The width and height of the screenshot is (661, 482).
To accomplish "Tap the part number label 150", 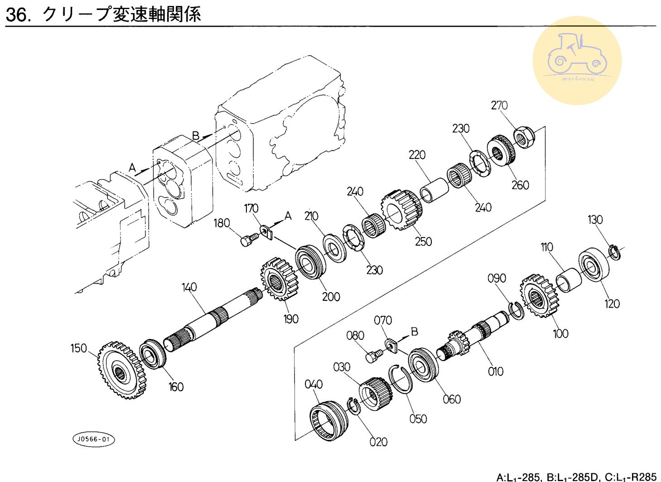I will tap(78, 348).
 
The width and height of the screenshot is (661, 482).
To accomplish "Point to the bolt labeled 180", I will tap(248, 239).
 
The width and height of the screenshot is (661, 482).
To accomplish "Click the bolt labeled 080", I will tap(372, 357).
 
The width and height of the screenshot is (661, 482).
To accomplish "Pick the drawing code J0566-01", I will tap(94, 439).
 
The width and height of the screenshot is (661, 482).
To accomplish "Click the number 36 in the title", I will tap(17, 15).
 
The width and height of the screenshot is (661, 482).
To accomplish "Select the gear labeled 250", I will tap(401, 209).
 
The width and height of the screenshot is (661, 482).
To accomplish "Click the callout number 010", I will tap(496, 371).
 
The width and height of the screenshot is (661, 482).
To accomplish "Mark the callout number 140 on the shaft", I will tap(189, 287).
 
